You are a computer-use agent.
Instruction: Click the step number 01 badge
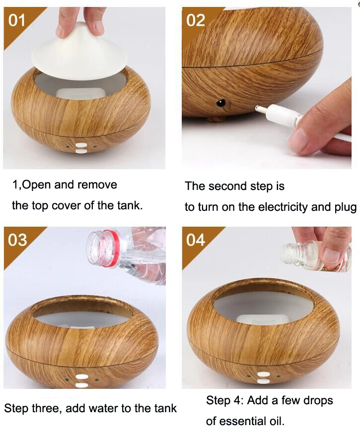coord(16,20)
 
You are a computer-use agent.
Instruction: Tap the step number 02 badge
coord(196,20)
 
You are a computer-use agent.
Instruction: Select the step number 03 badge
coord(17,240)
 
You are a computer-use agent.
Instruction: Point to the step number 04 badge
coord(196,240)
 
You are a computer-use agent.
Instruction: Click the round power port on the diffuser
coord(221,103)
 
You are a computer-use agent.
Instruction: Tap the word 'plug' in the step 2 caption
coord(345,208)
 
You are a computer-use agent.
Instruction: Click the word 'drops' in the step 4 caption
coord(318,401)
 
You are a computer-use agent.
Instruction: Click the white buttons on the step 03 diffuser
coord(81,381)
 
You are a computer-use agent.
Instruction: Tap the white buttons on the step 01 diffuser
coord(81,148)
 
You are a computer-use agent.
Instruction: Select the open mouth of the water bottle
coord(95,246)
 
